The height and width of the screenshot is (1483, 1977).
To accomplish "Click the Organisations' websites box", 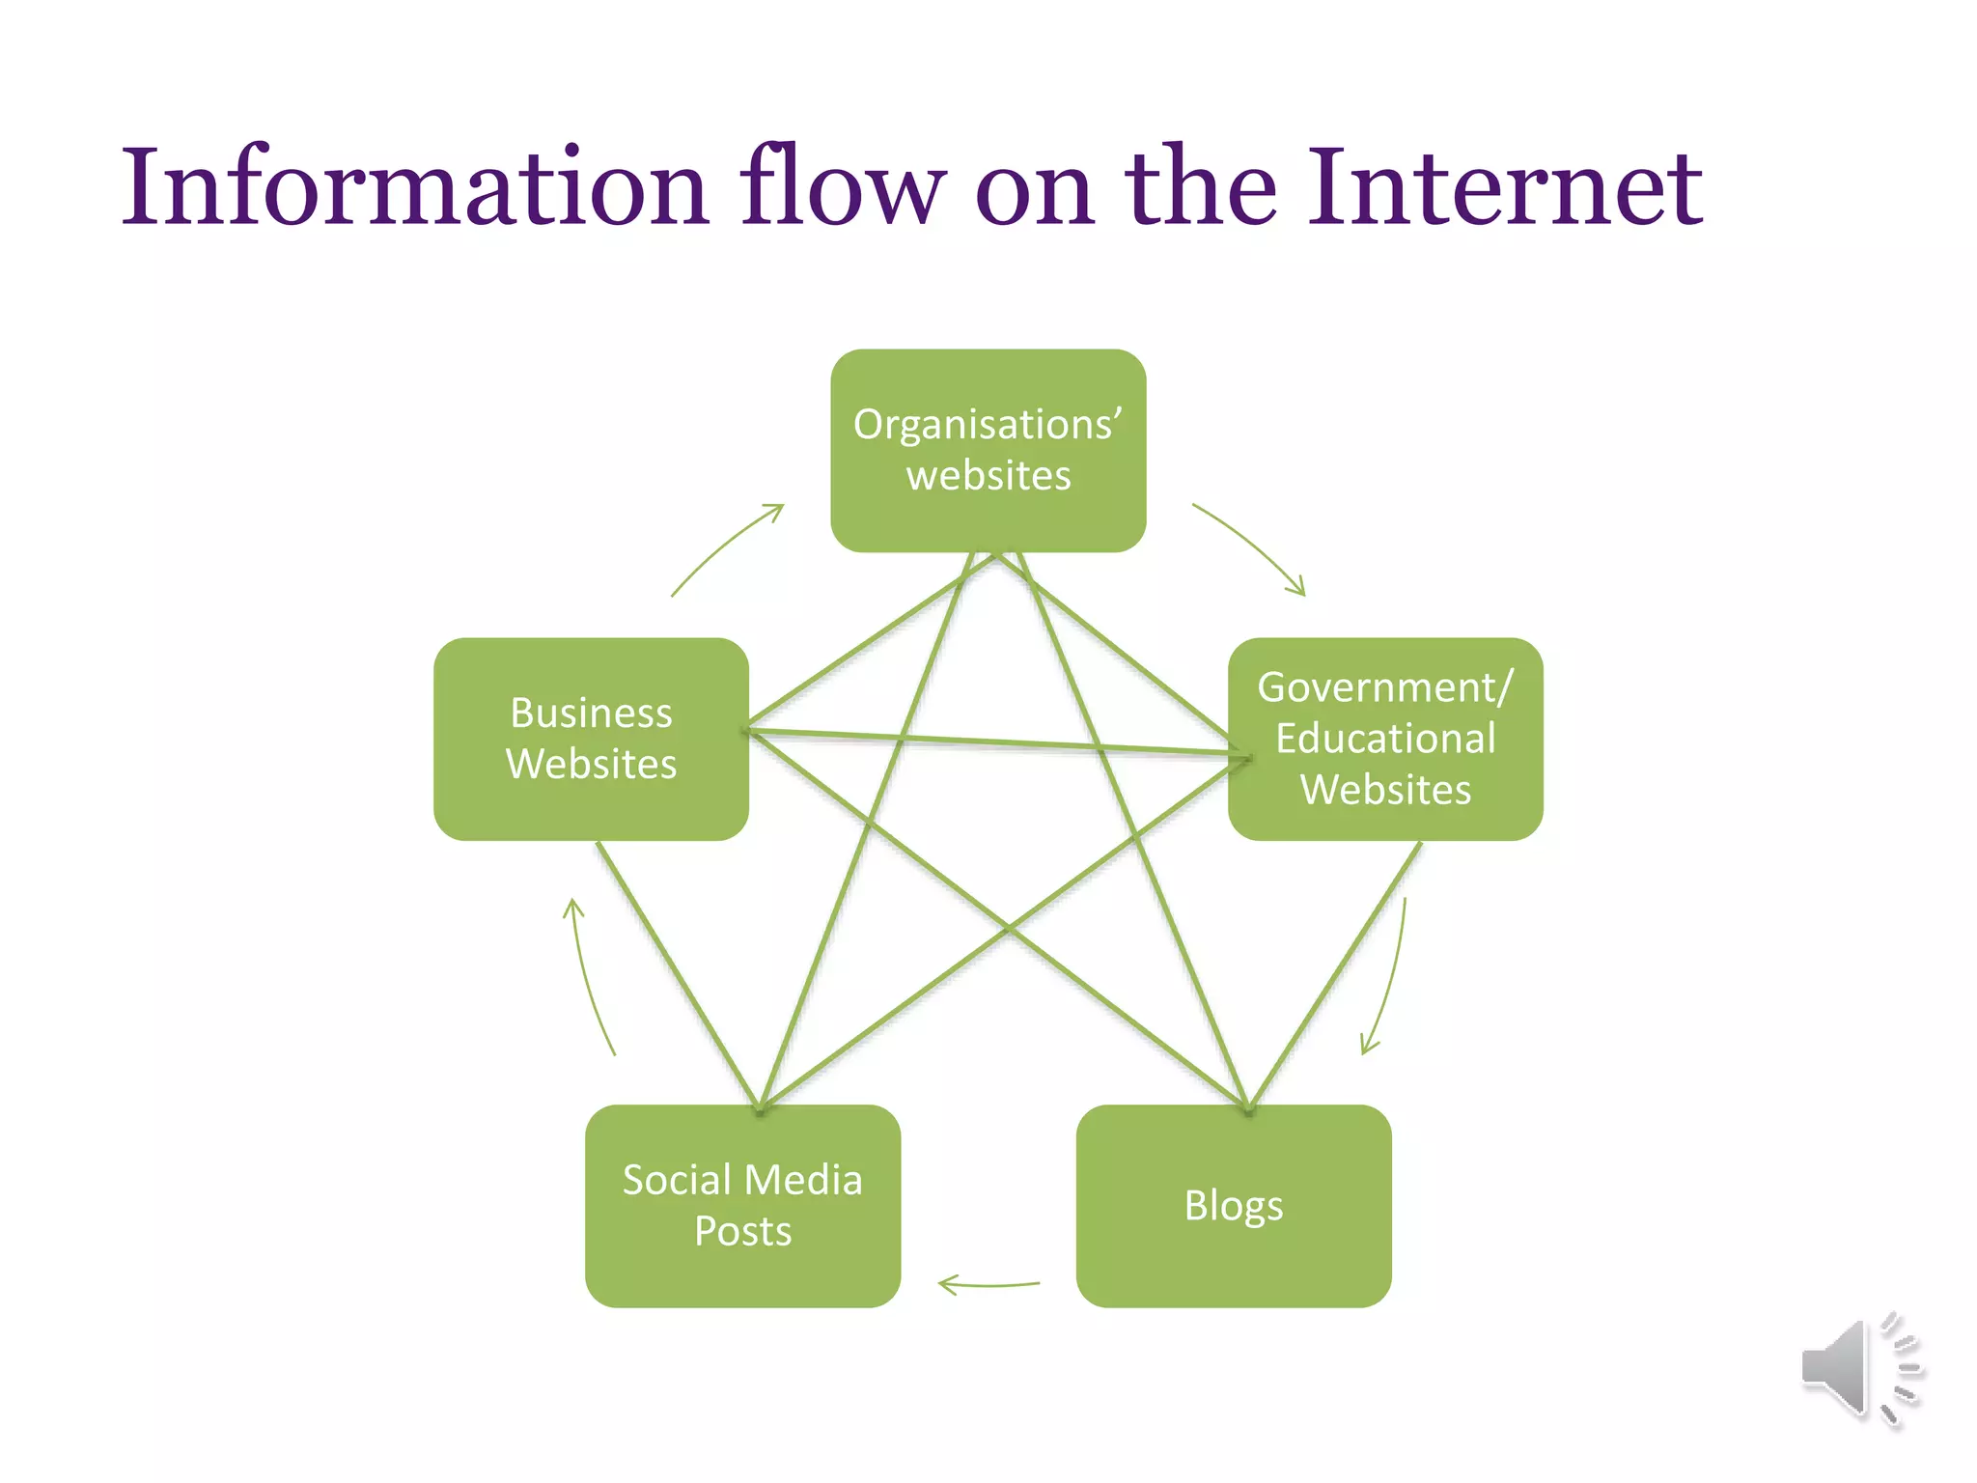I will [988, 450].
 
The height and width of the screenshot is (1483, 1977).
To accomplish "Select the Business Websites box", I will [591, 739].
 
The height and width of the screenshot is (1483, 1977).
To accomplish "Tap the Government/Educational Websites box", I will [1384, 739].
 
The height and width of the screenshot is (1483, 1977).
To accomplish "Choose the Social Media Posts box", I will [742, 1206].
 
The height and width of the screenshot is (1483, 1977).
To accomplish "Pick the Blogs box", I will [1233, 1206].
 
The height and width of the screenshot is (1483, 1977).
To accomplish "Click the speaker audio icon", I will [1858, 1368].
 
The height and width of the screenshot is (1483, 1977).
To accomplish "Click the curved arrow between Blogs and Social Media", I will [988, 1285].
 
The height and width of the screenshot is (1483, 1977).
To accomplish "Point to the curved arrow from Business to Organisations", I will [726, 546].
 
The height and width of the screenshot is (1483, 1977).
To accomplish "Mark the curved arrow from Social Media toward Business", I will [587, 975].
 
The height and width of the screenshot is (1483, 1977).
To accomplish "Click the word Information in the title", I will [415, 187].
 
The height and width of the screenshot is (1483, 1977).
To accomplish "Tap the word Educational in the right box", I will [1385, 739].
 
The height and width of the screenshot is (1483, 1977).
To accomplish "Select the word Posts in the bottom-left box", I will [742, 1232].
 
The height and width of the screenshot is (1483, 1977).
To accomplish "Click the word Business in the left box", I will [591, 714].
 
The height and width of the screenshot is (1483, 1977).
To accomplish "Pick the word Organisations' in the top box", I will [987, 425].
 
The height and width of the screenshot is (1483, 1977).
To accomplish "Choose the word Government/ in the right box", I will [1384, 687].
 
